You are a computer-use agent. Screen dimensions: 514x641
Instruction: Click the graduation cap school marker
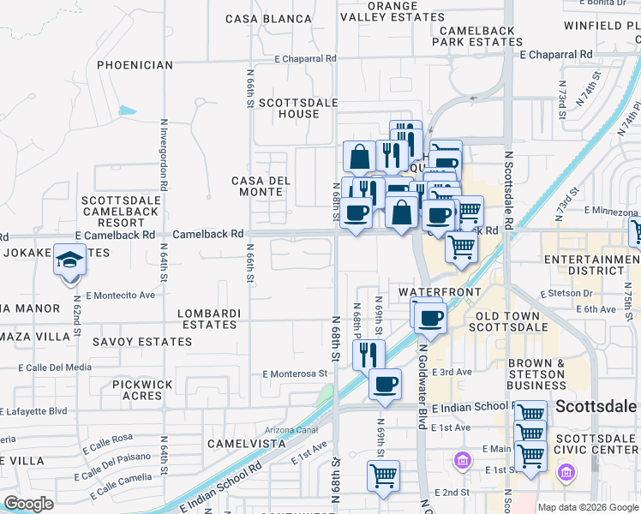69,260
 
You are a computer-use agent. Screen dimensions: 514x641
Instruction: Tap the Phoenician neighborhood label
135,64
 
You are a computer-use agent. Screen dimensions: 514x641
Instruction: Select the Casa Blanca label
269,19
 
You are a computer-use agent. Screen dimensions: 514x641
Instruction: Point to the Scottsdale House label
289,108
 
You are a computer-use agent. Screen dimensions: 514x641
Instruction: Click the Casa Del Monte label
261,186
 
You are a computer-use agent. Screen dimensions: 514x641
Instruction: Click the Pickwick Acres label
142,391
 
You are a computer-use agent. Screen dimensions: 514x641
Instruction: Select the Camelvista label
247,444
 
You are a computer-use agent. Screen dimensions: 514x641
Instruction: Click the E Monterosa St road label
296,374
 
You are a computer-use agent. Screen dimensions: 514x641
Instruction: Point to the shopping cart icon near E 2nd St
383,475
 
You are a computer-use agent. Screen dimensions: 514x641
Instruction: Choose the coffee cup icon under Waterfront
431,317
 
